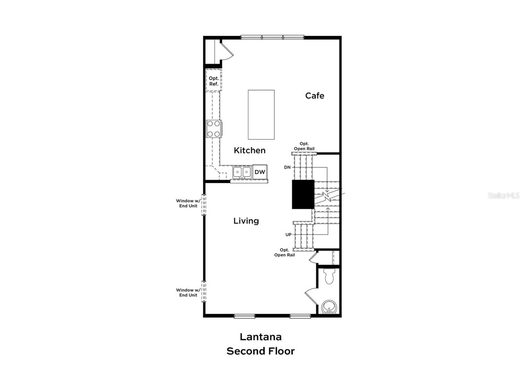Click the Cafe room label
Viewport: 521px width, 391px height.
pyautogui.click(x=314, y=96)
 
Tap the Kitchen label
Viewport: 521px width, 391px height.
pyautogui.click(x=249, y=150)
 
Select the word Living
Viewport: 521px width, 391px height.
pyautogui.click(x=246, y=221)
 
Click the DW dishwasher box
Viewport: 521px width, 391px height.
pyautogui.click(x=260, y=172)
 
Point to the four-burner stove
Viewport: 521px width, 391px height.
pyautogui.click(x=214, y=129)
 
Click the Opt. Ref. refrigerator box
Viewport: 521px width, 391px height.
pyautogui.click(x=214, y=81)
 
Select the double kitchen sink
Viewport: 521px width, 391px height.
pyautogui.click(x=242, y=172)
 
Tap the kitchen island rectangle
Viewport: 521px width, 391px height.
pyautogui.click(x=261, y=115)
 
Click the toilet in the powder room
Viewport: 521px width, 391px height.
pyautogui.click(x=329, y=276)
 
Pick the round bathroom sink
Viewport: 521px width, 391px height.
pyautogui.click(x=329, y=307)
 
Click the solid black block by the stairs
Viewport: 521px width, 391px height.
pyautogui.click(x=303, y=194)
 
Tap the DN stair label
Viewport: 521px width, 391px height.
pyautogui.click(x=287, y=168)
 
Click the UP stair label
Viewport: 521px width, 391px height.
pyautogui.click(x=288, y=235)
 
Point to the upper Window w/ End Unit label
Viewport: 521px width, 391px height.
pyautogui.click(x=188, y=203)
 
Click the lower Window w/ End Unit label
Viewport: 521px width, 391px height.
pyautogui.click(x=188, y=293)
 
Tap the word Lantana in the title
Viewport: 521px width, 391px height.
pyautogui.click(x=260, y=337)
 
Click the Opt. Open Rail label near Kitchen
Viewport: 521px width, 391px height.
pyautogui.click(x=304, y=146)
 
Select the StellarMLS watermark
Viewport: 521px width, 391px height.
pyautogui.click(x=503, y=196)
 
